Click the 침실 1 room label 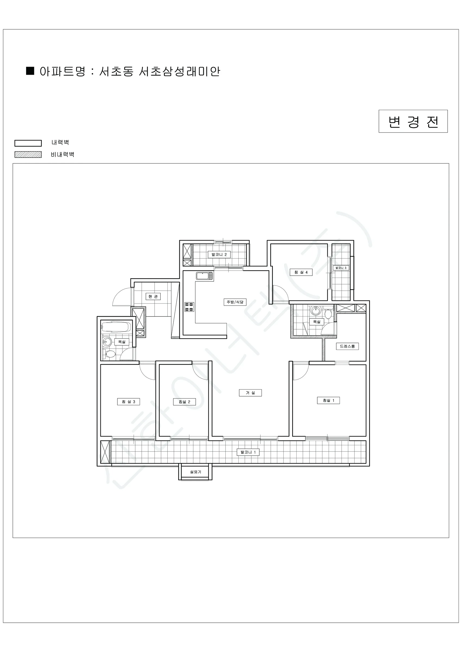coord(328,400)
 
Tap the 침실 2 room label coord(184,402)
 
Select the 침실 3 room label coord(129,402)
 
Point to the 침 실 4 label coord(301,272)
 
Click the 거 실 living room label coord(250,393)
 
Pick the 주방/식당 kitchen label coord(235,302)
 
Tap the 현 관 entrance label coord(153,296)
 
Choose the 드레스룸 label coord(347,346)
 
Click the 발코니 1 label coord(248,452)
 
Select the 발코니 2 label coord(219,255)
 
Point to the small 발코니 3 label coord(341,268)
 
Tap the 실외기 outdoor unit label coord(195,472)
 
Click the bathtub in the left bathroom coord(116,327)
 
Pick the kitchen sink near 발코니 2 coord(204,276)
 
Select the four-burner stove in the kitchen coord(189,307)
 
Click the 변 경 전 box coord(413,121)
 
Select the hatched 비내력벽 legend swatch coord(28,155)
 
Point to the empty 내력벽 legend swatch coord(28,143)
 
